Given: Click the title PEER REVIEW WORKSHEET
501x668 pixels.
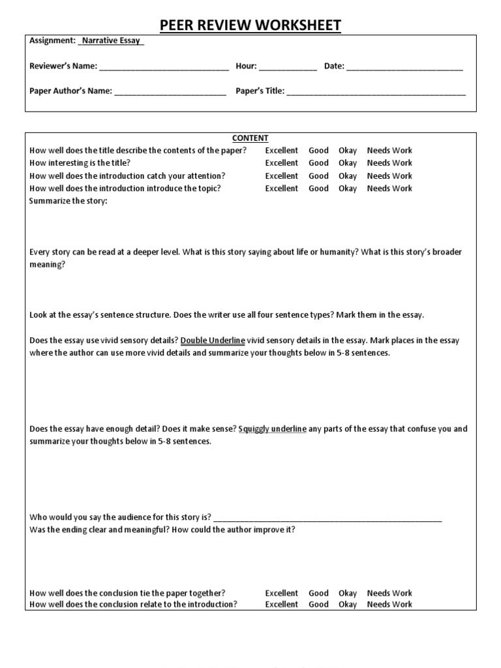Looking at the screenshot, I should point(250,25).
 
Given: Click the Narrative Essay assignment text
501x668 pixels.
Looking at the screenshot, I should point(111,41).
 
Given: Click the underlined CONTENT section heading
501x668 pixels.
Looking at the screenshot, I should point(250,138).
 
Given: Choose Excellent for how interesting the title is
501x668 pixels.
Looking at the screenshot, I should point(281,163).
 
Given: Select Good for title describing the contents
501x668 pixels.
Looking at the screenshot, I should point(318,151).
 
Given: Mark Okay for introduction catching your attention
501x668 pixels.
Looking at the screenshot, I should point(348,176).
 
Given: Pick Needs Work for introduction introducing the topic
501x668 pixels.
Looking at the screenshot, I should point(389,189).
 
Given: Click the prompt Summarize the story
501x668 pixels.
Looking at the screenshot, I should point(68,201).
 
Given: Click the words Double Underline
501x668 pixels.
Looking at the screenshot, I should point(213,341).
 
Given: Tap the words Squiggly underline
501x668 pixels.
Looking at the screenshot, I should point(273,429).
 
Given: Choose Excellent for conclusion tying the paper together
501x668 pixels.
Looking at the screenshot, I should point(281,593).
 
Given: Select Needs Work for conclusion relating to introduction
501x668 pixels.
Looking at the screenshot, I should point(389,604).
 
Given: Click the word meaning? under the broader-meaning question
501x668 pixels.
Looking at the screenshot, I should point(48,265).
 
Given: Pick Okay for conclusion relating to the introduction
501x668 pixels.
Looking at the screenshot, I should point(348,604).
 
